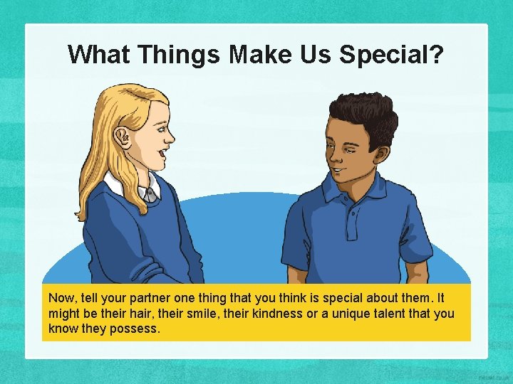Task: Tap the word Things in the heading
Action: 180,54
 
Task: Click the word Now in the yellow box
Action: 61,298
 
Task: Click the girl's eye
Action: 162,128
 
